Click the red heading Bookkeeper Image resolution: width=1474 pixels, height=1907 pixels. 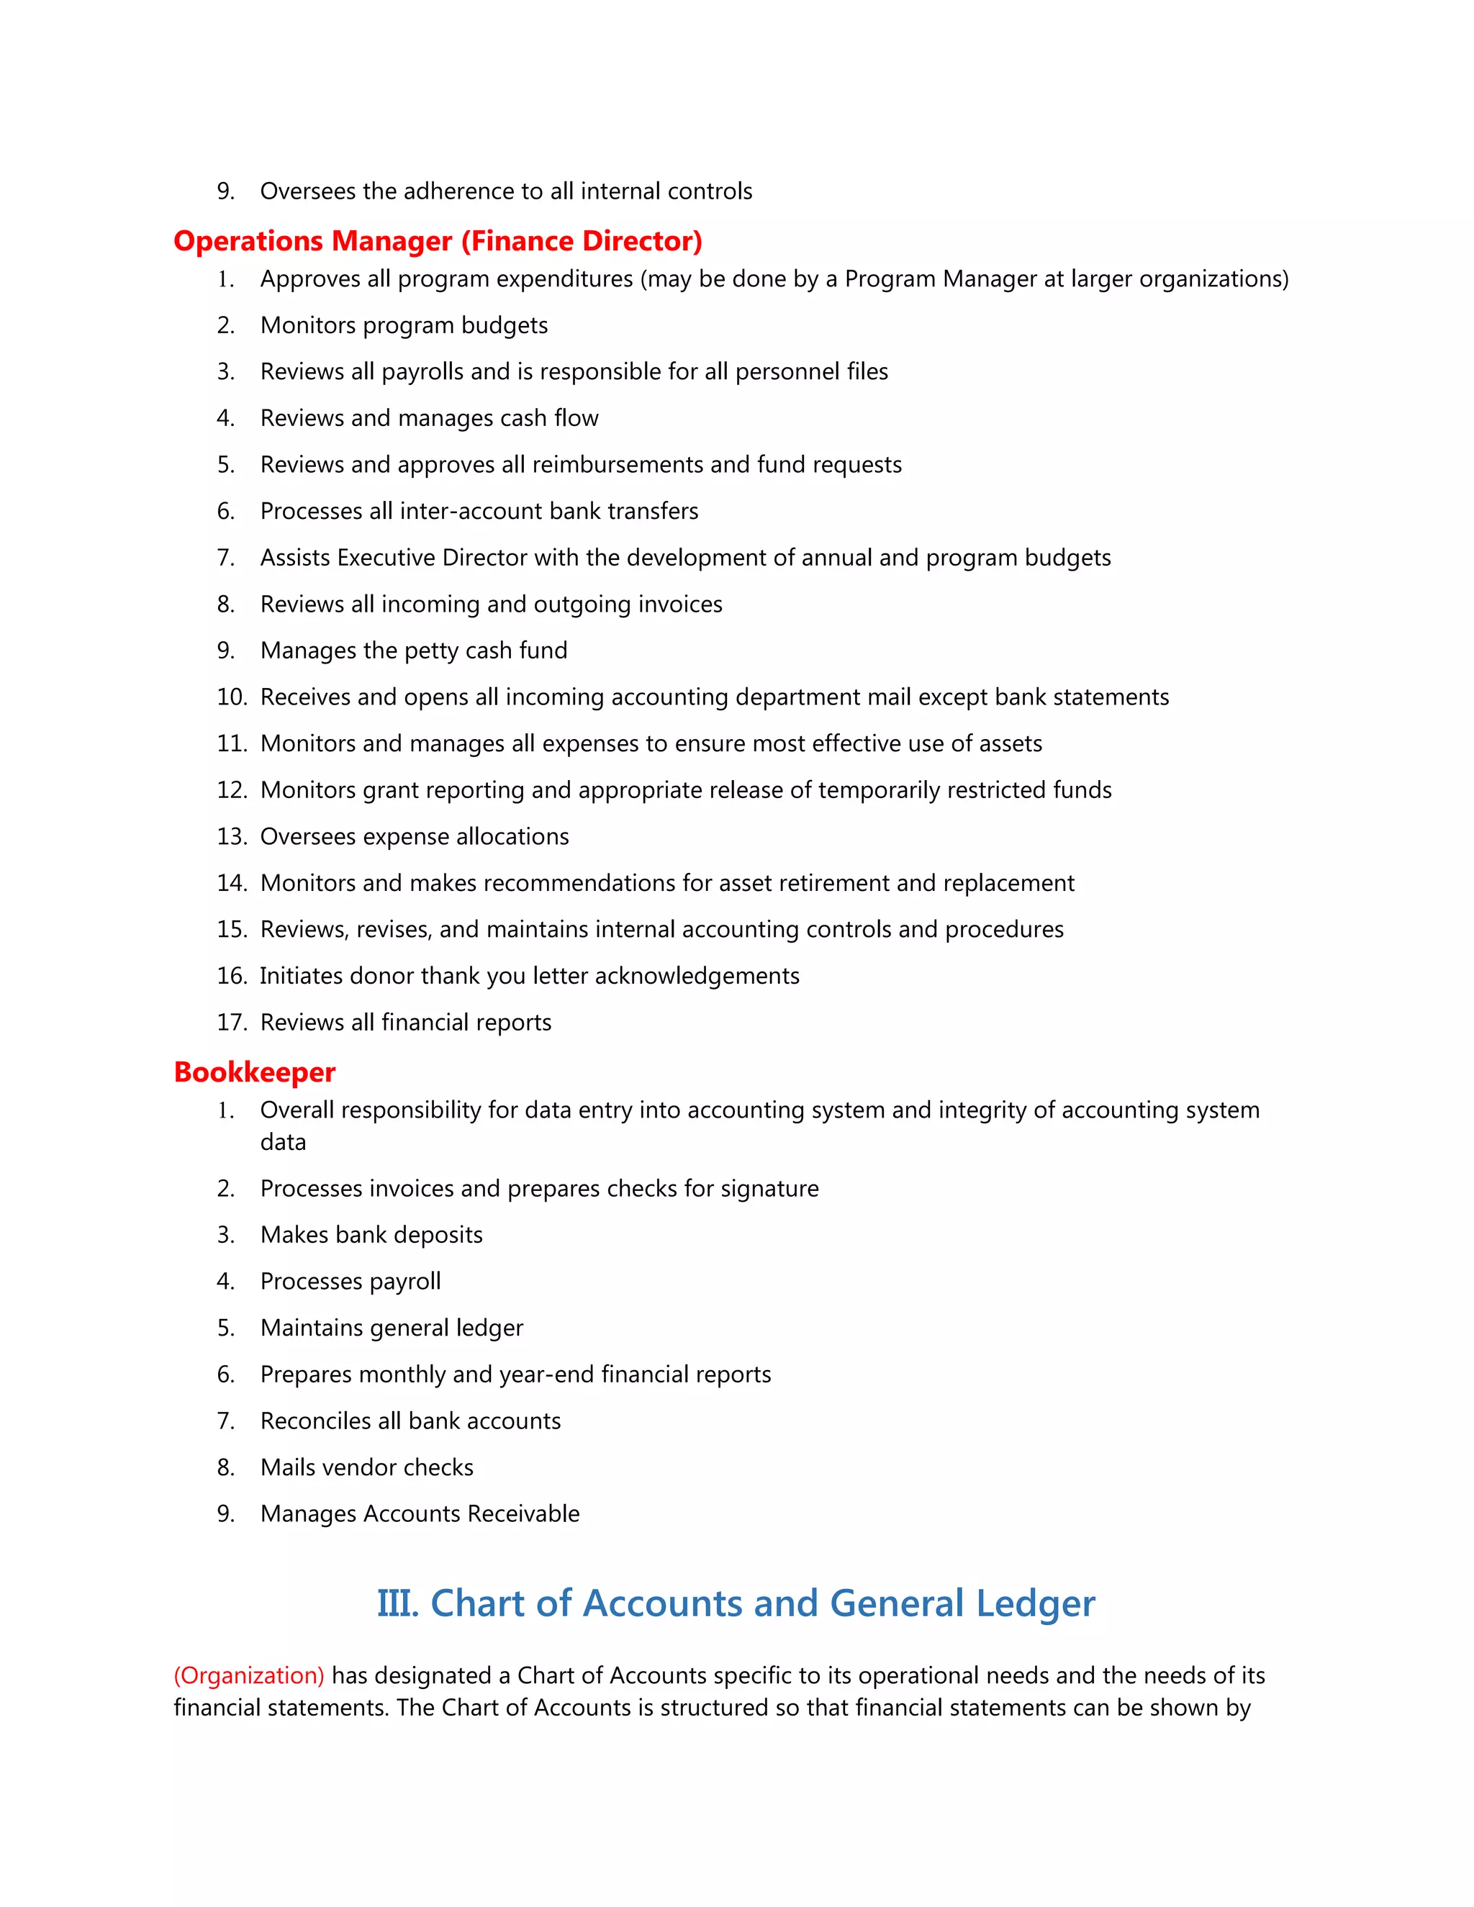[254, 1072]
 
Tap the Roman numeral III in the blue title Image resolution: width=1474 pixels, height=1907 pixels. [397, 1603]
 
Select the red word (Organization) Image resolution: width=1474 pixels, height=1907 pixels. [249, 1675]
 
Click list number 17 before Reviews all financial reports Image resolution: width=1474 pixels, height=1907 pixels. [232, 1022]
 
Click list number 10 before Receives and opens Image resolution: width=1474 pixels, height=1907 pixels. [232, 697]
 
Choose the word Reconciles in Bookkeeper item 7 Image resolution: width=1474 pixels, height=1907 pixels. [315, 1421]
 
